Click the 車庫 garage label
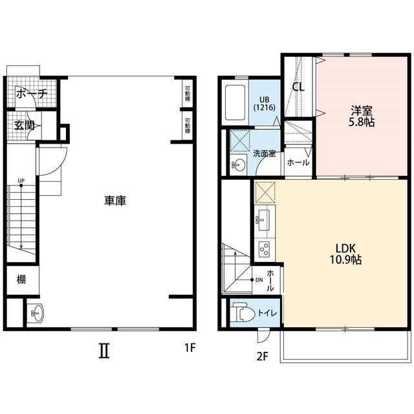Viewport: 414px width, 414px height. tap(115, 201)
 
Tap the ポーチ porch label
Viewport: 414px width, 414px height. tap(32, 93)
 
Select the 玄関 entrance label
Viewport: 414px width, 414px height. tap(25, 125)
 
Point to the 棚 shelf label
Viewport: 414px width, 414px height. tap(21, 279)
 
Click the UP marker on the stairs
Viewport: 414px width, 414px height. tap(21, 180)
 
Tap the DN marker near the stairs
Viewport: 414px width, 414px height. tap(259, 280)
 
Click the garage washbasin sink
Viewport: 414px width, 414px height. tap(37, 313)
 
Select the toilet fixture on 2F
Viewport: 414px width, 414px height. tap(243, 312)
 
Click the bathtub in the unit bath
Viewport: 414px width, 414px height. tap(235, 102)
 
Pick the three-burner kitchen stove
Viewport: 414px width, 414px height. tap(264, 248)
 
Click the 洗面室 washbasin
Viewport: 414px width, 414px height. tap(238, 166)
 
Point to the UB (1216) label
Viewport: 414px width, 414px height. tap(265, 103)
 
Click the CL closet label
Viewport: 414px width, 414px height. tap(298, 87)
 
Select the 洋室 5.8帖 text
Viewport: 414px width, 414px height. tap(362, 116)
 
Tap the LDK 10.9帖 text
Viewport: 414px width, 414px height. tap(345, 254)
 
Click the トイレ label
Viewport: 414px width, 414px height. tap(267, 313)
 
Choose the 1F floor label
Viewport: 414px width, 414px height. tap(190, 348)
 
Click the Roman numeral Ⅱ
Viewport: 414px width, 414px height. tap(104, 351)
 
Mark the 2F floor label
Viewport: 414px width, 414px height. tap(263, 356)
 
